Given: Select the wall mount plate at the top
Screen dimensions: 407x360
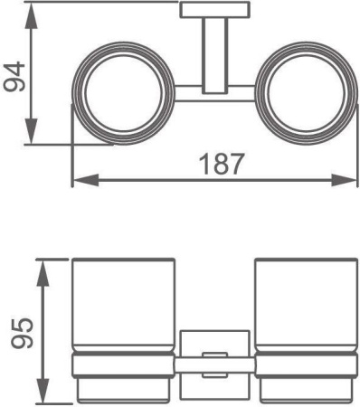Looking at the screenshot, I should click(x=209, y=11).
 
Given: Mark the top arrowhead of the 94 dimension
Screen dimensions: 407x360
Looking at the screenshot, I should click(x=33, y=9).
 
